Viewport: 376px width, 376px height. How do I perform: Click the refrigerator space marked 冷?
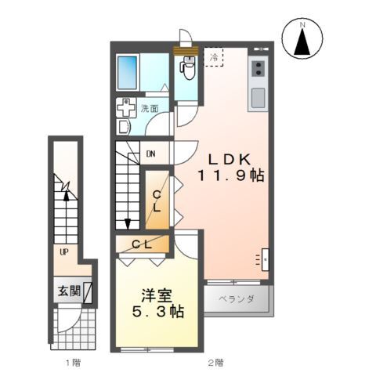214,56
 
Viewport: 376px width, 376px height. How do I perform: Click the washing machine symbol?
126,108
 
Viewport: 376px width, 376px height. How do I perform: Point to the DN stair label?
150,154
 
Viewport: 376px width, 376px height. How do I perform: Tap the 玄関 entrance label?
68,291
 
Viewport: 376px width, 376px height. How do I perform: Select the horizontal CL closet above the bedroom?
142,245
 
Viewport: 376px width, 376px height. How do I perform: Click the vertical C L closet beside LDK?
157,201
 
